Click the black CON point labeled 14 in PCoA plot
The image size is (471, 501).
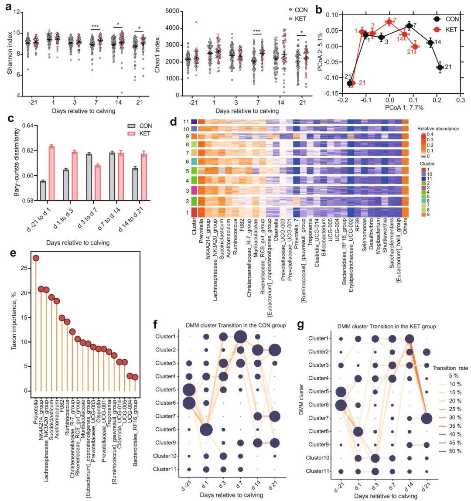click(430, 42)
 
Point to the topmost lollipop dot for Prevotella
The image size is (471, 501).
click(36, 258)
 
